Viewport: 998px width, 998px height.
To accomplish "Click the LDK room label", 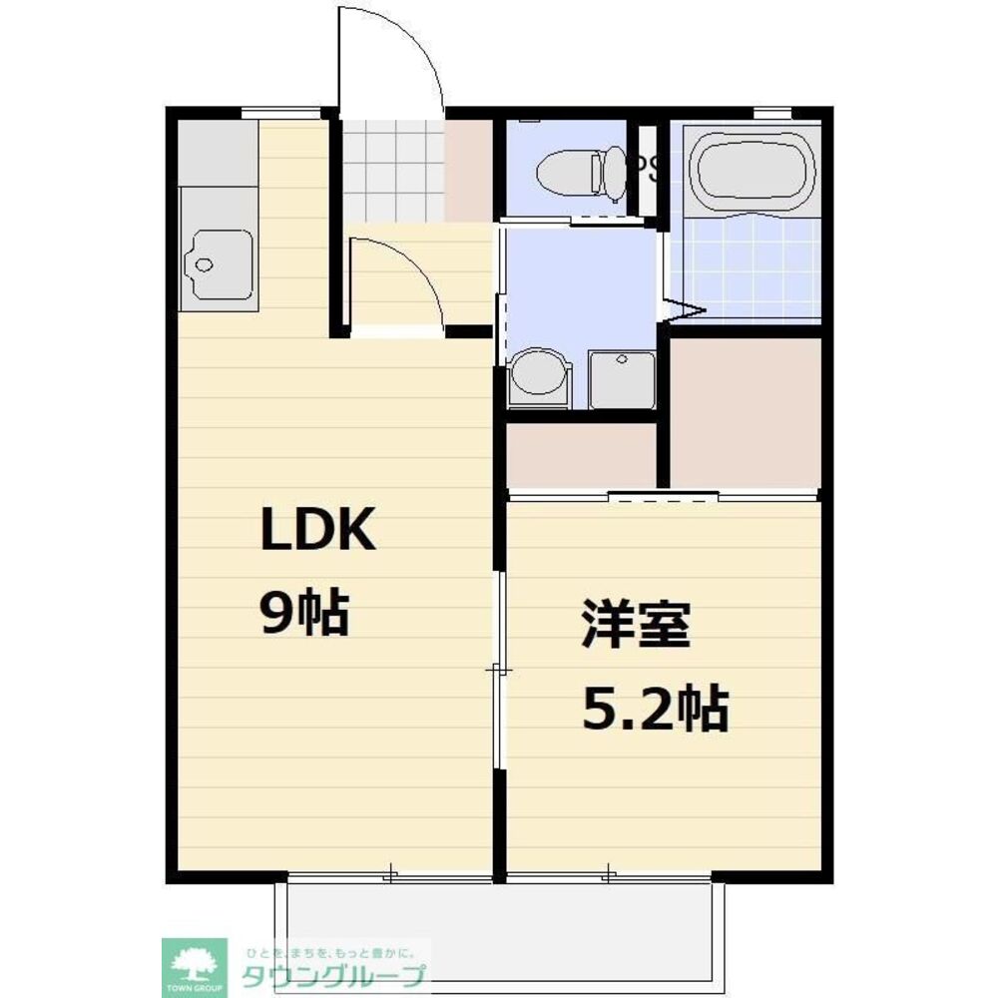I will point(317,531).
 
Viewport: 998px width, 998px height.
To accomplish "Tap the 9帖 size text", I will point(304,612).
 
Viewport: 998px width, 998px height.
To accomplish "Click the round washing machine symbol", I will point(539,379).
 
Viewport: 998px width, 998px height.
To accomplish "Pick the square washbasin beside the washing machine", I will point(620,379).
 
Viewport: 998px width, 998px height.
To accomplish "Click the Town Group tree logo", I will point(195,964).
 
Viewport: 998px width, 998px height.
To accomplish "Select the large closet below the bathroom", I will point(745,412).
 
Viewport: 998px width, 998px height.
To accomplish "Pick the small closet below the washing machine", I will point(580,456).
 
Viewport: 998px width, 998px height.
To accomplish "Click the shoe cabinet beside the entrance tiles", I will point(468,170).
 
